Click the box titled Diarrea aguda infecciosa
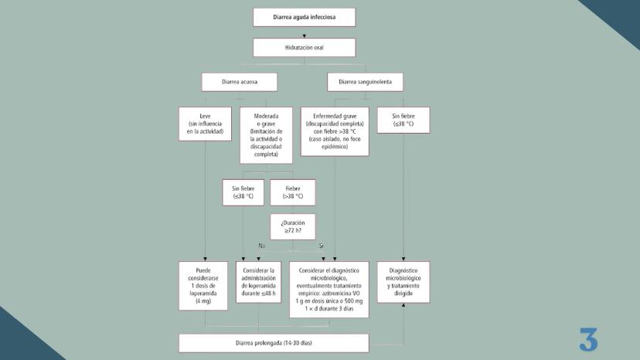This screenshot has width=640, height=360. [x=304, y=17]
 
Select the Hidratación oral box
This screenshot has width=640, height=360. [x=304, y=47]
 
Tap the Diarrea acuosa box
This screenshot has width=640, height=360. [x=239, y=82]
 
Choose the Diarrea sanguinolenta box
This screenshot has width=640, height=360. [x=365, y=82]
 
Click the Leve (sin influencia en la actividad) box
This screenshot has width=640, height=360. [x=205, y=124]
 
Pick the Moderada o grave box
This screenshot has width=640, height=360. [x=266, y=134]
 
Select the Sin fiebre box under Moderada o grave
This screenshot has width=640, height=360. [x=243, y=192]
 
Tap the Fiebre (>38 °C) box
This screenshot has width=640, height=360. [x=293, y=192]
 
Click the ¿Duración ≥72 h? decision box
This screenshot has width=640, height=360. [x=293, y=226]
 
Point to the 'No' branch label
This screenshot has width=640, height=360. [x=262, y=246]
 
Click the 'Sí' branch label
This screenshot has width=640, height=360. [x=321, y=246]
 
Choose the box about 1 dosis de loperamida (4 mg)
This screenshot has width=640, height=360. [x=203, y=286]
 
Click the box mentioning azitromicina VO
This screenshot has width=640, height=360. [x=330, y=290]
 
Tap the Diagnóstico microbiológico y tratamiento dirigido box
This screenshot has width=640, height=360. [x=403, y=282]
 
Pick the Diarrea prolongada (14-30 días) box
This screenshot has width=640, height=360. [x=274, y=342]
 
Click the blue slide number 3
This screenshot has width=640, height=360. [x=588, y=340]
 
